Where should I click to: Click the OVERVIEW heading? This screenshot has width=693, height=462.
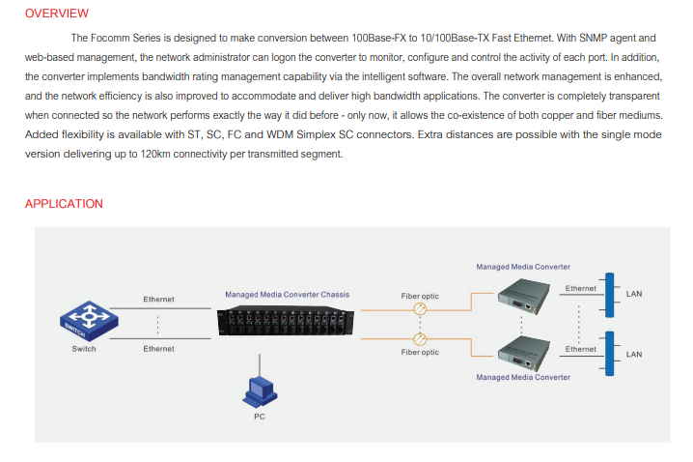tap(57, 14)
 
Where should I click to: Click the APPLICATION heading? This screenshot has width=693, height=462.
tap(64, 204)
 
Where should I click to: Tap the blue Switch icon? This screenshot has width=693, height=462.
tap(89, 321)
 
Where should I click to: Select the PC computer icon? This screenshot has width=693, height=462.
tap(260, 392)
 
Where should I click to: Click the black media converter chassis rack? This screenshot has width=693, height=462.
tap(286, 321)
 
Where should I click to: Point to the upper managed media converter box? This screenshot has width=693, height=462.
tap(524, 296)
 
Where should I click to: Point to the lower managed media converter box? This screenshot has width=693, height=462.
tap(524, 353)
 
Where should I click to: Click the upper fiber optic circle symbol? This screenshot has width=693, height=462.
tap(420, 309)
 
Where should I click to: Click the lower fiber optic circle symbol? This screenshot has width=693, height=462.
tap(420, 339)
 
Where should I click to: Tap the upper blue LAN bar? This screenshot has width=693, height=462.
tap(609, 295)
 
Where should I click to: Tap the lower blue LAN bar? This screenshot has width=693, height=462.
tap(609, 354)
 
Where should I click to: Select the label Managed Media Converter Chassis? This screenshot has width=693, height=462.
tap(288, 294)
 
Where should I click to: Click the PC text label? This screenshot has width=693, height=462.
tap(260, 417)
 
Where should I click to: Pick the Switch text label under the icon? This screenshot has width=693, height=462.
tap(84, 349)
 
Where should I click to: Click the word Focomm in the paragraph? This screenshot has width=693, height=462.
tap(110, 38)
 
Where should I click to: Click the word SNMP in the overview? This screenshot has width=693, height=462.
tap(593, 38)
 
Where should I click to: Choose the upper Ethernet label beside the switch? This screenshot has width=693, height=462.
tap(158, 300)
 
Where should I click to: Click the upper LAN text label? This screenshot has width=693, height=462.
tap(634, 294)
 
